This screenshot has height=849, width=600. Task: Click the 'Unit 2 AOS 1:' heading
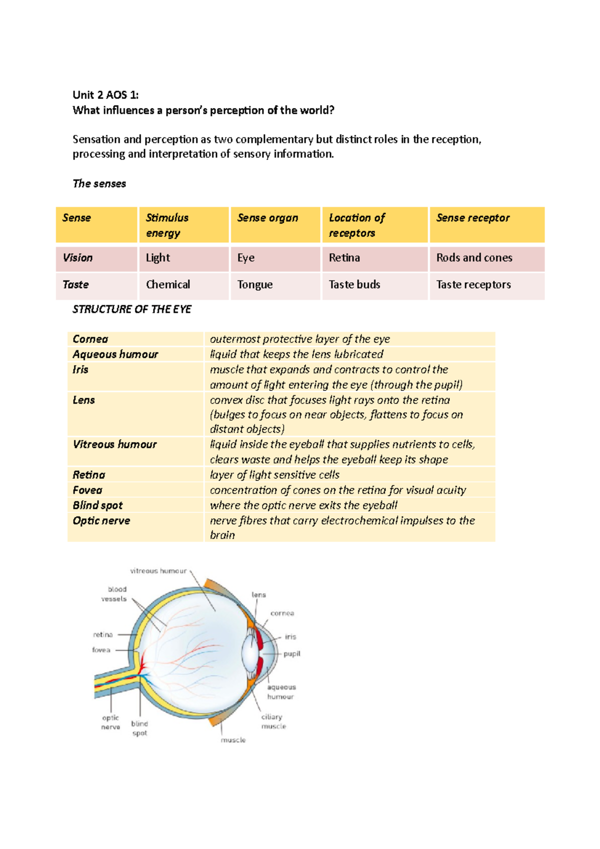[105, 95]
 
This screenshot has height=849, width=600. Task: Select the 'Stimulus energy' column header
[167, 225]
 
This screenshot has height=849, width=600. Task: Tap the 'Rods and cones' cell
[474, 258]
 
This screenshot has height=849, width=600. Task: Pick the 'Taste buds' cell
[354, 284]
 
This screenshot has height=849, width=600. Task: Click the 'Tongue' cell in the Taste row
[255, 284]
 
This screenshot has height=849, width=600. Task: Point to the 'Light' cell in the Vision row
[158, 258]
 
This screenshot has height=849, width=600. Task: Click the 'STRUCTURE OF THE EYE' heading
[132, 309]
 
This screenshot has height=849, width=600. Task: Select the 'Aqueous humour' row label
[115, 354]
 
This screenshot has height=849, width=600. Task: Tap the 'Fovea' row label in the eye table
[87, 490]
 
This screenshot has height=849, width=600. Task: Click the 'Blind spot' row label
[97, 505]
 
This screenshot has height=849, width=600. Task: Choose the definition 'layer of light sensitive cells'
[274, 475]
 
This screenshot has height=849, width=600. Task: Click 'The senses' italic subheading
[99, 184]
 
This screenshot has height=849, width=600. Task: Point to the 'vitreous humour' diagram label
[158, 571]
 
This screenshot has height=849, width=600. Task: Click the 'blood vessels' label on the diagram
[114, 594]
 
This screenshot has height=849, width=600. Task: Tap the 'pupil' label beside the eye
[291, 654]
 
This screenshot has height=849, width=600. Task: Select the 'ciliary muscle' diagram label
[273, 721]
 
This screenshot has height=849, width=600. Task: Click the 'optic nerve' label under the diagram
[110, 722]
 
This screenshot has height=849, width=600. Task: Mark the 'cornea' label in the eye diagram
[282, 613]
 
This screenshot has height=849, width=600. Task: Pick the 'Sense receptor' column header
[472, 218]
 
